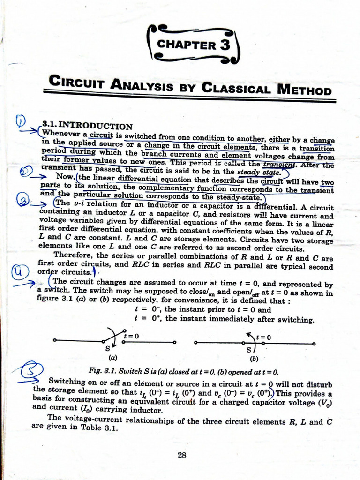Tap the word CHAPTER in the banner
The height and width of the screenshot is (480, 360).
[x=186, y=45]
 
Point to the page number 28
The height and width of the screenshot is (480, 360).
[x=183, y=454]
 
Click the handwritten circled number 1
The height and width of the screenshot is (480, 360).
[x=21, y=122]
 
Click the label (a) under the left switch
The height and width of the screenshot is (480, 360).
[x=113, y=357]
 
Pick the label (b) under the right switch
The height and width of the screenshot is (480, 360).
[x=254, y=360]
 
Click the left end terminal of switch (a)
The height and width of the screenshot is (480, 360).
[x=55, y=341]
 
